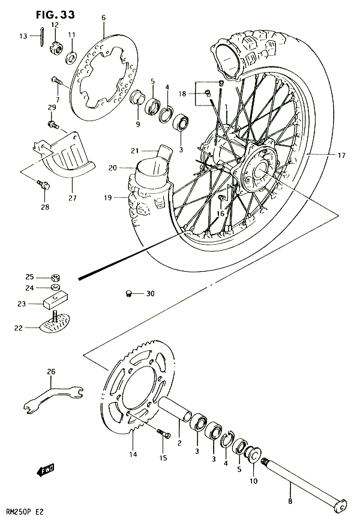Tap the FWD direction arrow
(45, 471)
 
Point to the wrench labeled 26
(53, 397)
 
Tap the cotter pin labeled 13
(41, 37)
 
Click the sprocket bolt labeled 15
(164, 434)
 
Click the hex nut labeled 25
(56, 278)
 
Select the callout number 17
(341, 155)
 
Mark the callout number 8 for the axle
(290, 501)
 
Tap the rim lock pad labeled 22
(55, 322)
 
